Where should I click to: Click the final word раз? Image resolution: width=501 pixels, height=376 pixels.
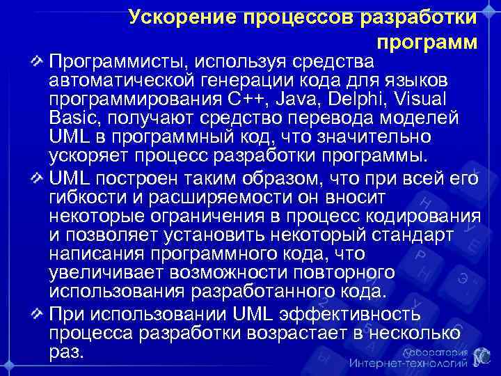(x=67, y=351)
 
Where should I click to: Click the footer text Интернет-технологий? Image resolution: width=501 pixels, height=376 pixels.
(x=408, y=363)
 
